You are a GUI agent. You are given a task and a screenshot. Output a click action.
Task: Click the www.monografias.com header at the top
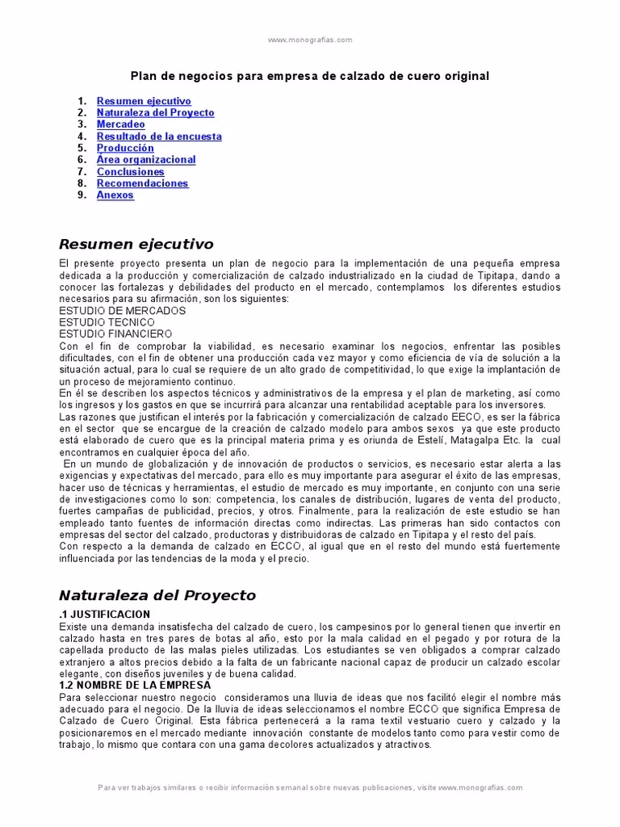tap(310, 40)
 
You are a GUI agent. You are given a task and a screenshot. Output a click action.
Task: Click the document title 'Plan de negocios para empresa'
tap(310, 76)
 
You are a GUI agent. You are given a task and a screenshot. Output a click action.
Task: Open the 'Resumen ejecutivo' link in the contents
tap(144, 102)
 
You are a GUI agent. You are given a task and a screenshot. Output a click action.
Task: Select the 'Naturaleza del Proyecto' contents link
tap(155, 113)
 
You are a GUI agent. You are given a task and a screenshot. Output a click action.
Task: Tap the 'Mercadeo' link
tap(120, 125)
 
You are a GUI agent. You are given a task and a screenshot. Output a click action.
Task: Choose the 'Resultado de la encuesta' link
tap(159, 136)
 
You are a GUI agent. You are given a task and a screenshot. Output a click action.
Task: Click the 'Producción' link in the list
tap(125, 149)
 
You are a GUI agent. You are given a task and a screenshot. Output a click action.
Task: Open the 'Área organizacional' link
tap(145, 160)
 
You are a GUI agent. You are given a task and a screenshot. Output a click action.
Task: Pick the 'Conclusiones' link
tap(130, 172)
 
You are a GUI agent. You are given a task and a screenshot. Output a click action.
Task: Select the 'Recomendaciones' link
tap(142, 183)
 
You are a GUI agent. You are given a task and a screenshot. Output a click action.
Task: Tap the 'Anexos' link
tap(115, 195)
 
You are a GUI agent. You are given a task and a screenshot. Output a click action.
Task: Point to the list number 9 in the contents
tap(82, 195)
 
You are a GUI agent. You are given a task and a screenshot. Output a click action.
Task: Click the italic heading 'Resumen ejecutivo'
tap(136, 244)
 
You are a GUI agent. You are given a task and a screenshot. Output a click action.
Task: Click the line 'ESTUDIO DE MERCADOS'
tap(122, 310)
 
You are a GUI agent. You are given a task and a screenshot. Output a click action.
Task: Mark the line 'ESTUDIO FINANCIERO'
tap(115, 333)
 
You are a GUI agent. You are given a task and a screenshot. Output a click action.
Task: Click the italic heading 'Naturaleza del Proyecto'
tap(157, 596)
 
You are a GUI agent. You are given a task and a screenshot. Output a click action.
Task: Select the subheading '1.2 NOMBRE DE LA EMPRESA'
tap(135, 685)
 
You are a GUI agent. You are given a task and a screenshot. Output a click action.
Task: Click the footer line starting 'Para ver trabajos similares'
tap(310, 787)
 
